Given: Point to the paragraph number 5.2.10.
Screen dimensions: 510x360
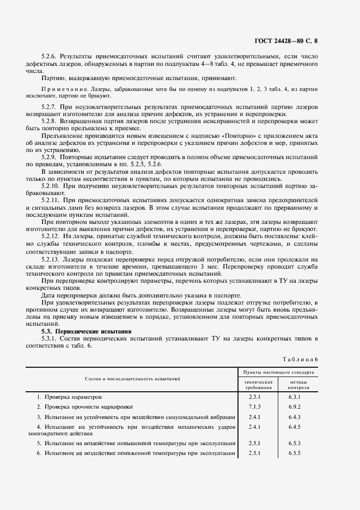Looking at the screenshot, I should pos(52,185).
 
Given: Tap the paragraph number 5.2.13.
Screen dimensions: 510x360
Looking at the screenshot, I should pos(52,260).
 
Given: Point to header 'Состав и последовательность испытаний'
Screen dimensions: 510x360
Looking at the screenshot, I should pos(132,378).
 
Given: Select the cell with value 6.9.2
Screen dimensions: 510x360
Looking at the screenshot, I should pos(295,407).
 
